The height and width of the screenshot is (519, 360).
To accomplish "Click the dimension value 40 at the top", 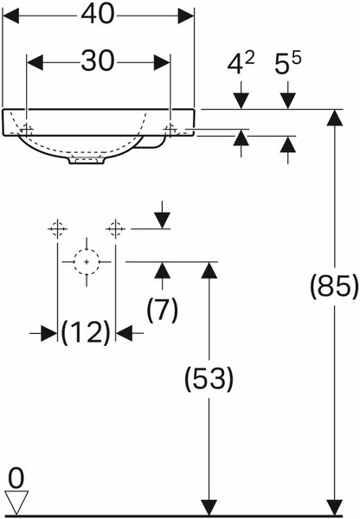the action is coord(98,15).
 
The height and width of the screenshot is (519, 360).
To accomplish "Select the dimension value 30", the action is coord(98,61).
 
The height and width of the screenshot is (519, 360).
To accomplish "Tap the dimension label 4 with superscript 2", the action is coord(241,63).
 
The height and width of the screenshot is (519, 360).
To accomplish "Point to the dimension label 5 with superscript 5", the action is coord(288,63).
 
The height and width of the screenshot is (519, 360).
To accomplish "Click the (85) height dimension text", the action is coord(334,286).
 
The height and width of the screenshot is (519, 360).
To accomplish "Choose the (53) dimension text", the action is coord(209,378).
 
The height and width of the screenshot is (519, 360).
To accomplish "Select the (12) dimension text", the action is coord(86,332).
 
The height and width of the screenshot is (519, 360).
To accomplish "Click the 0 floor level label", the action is coord(16,478).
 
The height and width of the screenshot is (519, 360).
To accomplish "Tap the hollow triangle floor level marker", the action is coord(16,503).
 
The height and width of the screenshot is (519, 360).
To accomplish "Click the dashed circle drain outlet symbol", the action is coord(87,262).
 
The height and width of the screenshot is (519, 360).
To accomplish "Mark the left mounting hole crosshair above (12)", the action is coord(58,228).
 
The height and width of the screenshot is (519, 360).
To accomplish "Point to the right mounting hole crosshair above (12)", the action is coord(116,228).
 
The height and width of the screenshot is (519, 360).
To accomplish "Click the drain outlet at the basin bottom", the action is coord(87,160).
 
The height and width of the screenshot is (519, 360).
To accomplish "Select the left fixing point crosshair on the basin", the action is coord(26,129).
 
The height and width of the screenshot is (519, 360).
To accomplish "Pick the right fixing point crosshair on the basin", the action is coord(170,129).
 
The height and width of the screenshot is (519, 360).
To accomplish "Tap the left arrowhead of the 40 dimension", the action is coord(10,16).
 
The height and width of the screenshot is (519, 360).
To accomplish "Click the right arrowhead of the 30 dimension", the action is coord(162,62).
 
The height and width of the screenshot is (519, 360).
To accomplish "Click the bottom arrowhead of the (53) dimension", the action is coord(209,508).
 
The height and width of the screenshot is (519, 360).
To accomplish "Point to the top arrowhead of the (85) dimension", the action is coord(335,118).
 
